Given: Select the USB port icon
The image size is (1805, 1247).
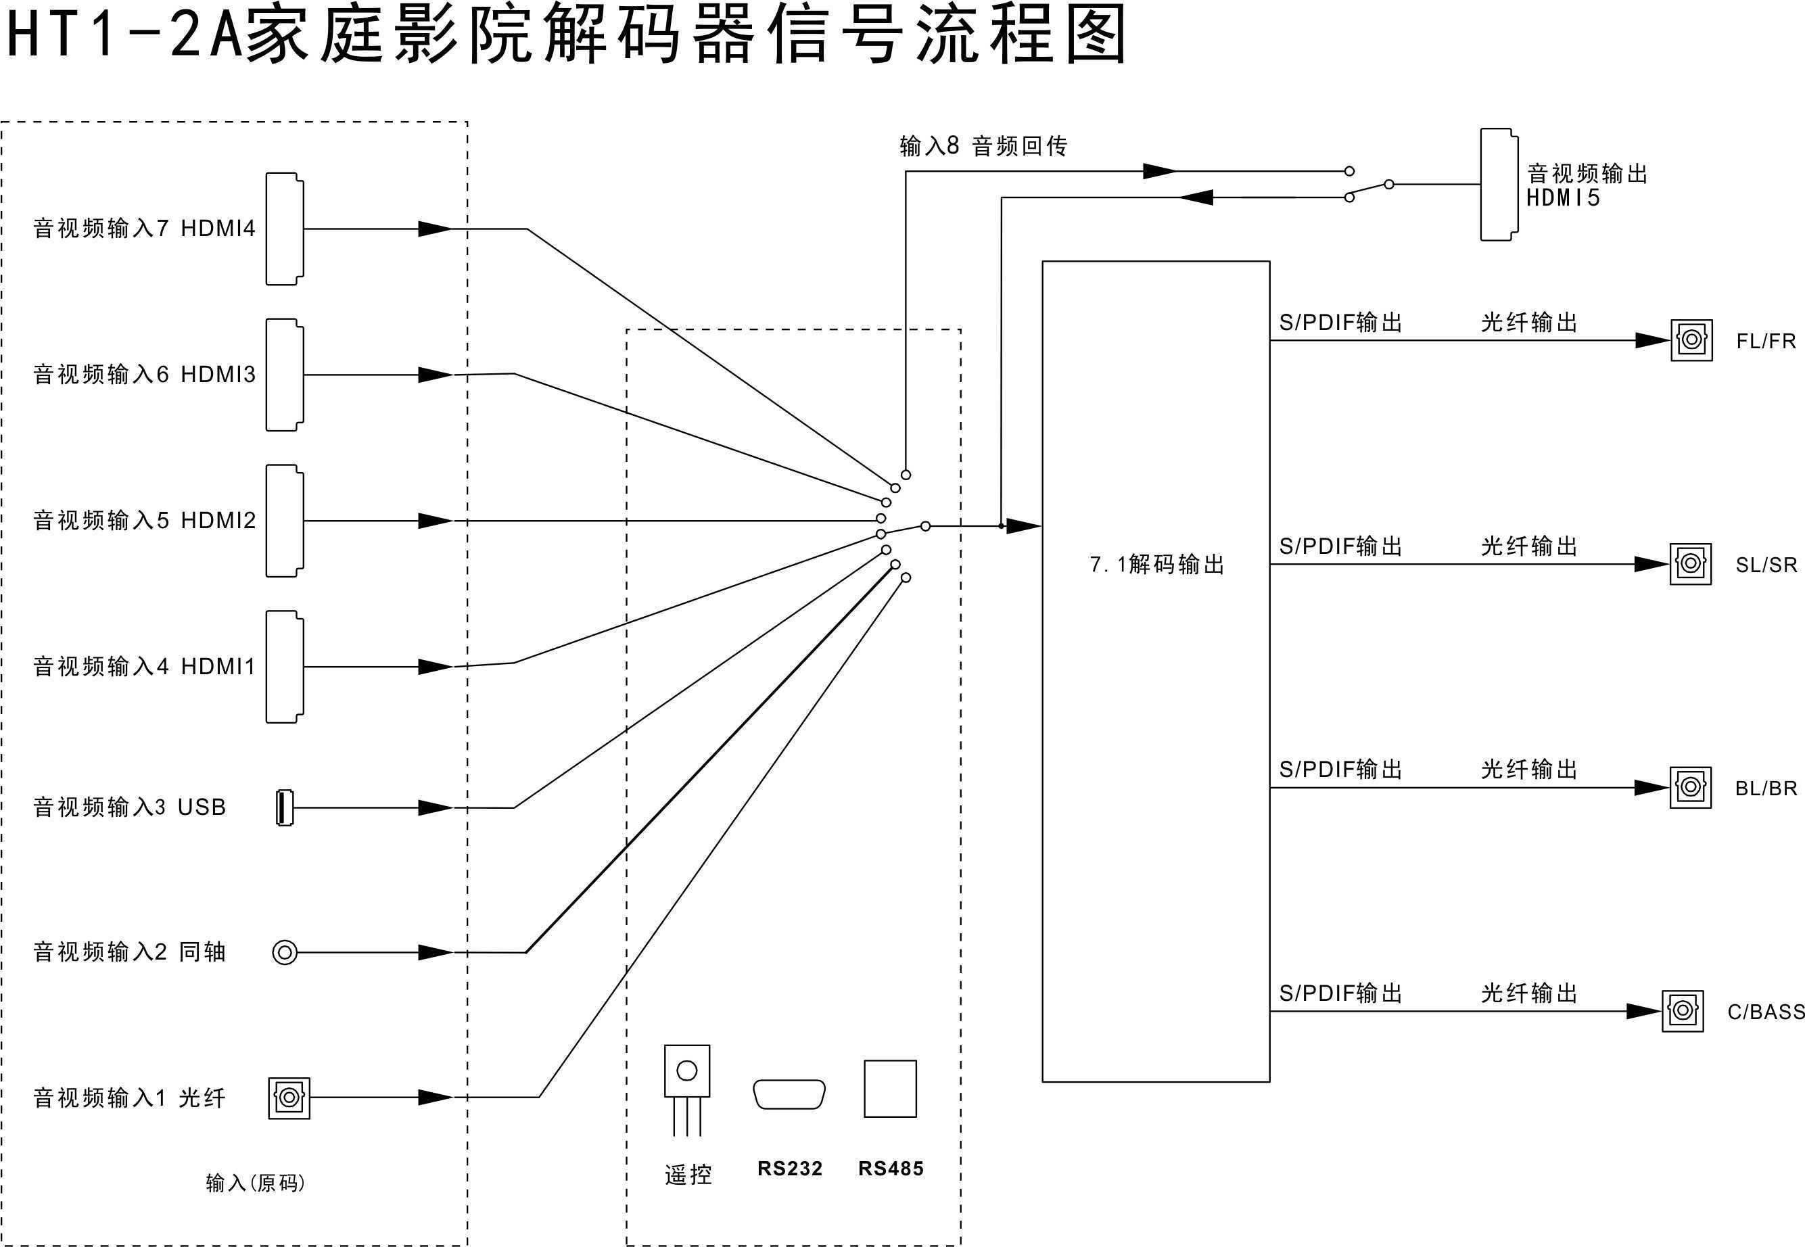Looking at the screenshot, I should click(x=285, y=807).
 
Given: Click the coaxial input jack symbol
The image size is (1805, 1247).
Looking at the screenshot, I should click(x=285, y=952).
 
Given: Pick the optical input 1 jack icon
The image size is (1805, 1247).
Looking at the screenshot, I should click(x=289, y=1098).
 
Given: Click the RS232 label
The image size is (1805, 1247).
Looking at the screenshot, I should click(x=789, y=1169).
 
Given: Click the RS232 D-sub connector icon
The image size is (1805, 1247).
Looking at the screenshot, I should click(x=789, y=1094).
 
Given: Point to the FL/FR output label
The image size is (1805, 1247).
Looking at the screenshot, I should click(x=1765, y=342).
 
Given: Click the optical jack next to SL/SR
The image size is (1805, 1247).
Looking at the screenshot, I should click(x=1690, y=564).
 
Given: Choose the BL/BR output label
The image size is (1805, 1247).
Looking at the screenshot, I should click(x=1765, y=789).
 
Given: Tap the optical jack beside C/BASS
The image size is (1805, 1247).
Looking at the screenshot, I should click(x=1683, y=1011).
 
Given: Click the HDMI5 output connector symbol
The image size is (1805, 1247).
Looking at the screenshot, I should click(x=1499, y=185).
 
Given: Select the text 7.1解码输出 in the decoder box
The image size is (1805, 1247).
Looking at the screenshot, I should click(x=1156, y=564).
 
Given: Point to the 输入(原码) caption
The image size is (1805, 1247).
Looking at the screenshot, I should click(x=255, y=1183).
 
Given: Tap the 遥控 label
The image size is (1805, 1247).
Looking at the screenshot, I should click(x=688, y=1175).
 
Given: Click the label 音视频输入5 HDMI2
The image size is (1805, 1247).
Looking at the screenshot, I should click(x=145, y=520).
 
